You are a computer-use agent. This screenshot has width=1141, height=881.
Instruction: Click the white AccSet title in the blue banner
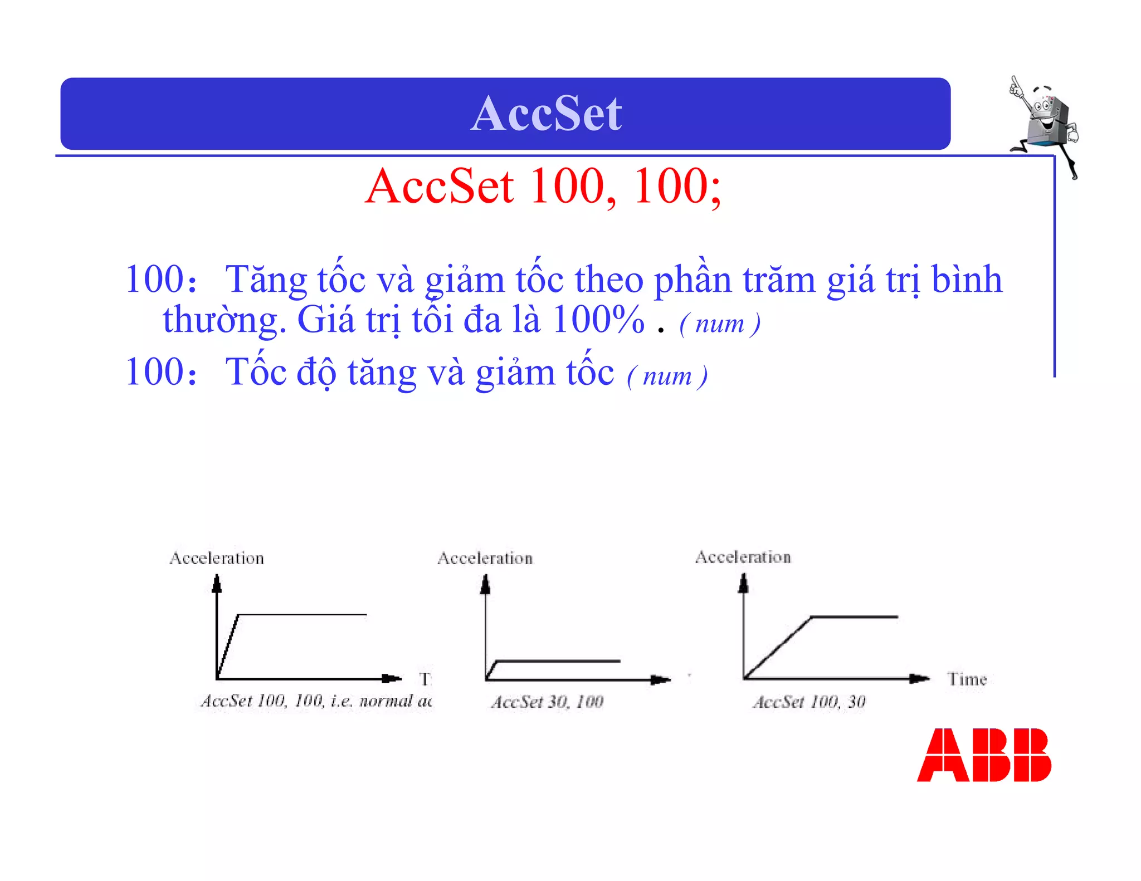click(546, 114)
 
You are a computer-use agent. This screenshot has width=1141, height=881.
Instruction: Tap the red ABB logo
click(984, 755)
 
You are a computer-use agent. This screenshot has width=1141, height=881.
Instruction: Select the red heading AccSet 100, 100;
click(543, 187)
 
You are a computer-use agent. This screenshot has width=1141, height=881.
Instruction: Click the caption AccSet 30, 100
click(547, 702)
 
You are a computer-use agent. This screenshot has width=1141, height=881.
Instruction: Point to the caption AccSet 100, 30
click(810, 702)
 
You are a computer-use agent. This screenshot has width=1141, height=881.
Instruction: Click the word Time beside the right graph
click(967, 679)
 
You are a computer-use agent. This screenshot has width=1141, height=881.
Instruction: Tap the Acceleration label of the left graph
click(217, 558)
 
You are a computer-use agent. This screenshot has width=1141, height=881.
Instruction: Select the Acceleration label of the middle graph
click(485, 558)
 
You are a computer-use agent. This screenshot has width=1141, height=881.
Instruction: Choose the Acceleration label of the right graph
click(743, 557)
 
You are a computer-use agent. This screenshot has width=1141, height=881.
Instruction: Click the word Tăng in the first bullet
click(266, 280)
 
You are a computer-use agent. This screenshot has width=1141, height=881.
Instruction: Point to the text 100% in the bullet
click(598, 320)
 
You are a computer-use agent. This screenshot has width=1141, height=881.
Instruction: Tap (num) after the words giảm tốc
click(667, 376)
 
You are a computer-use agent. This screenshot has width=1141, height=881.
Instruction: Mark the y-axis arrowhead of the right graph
click(743, 583)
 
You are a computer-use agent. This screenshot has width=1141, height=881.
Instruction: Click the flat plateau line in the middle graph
click(557, 661)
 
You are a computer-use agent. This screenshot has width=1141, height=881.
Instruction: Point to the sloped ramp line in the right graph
click(777, 648)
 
